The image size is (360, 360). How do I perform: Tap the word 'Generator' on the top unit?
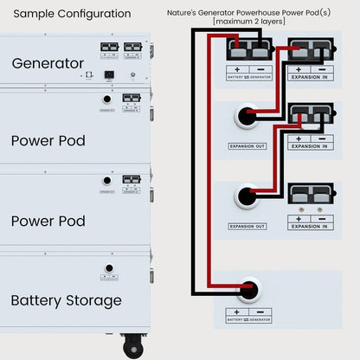[x=48, y=63]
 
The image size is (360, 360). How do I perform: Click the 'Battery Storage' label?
[x=66, y=300]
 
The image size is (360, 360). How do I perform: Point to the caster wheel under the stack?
[x=133, y=349]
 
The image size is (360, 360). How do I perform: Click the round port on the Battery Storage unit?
[x=109, y=269]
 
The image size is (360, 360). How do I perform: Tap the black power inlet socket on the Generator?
[x=109, y=74]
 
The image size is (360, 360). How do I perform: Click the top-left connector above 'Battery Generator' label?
[x=248, y=48]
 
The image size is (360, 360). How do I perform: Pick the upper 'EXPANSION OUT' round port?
[x=249, y=116]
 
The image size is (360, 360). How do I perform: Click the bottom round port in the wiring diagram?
[x=249, y=290]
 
